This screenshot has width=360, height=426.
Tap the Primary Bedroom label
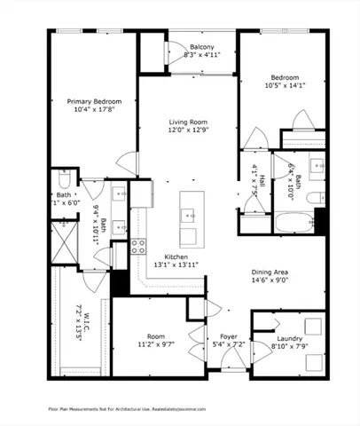tap(94, 102)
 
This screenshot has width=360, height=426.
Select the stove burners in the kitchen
tap(138, 248)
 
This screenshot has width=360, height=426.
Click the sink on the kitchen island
tap(190, 214)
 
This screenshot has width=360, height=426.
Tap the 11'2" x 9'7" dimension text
tap(157, 344)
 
